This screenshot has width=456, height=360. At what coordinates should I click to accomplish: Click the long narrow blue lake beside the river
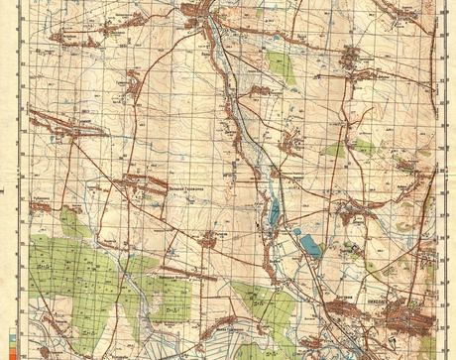point(274,211)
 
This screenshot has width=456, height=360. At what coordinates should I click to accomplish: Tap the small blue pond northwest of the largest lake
point(296,232)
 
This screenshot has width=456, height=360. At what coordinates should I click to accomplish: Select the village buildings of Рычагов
point(208,240)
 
